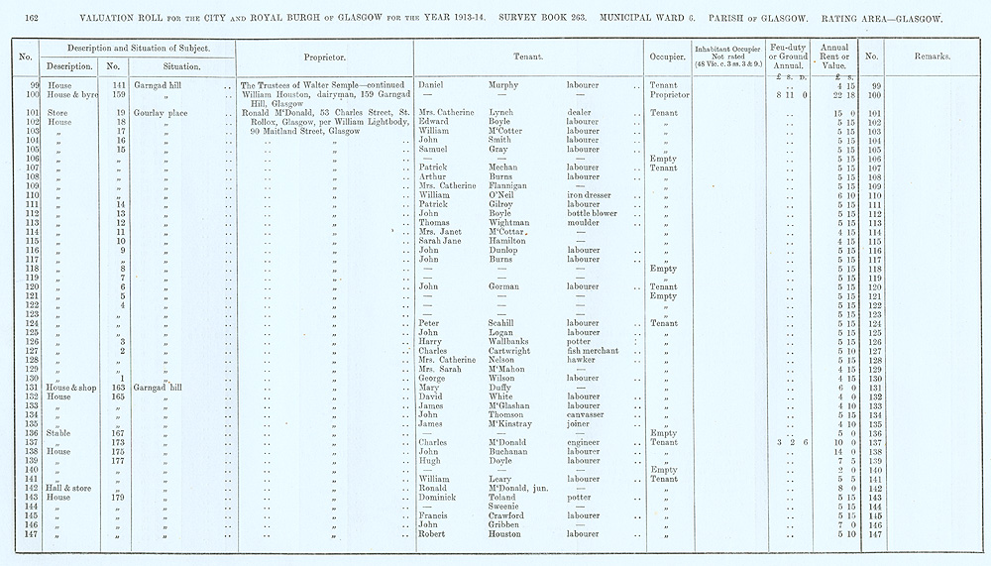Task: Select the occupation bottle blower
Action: [592, 213]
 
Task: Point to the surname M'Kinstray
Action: [517, 424]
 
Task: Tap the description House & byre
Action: [69, 95]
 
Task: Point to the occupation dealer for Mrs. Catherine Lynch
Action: [581, 113]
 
